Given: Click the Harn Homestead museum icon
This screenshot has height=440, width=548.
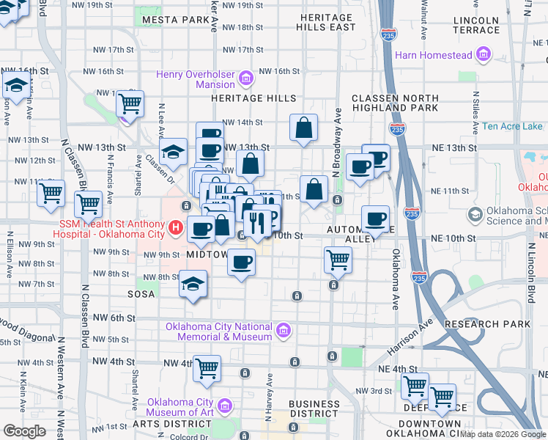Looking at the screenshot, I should pyautogui.click(x=483, y=54).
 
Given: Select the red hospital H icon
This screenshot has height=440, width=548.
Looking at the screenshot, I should pyautogui.click(x=176, y=229).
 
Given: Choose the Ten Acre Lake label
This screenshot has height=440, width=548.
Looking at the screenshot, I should pyautogui.click(x=512, y=126).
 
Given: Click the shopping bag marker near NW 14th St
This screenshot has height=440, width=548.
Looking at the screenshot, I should pyautogui.click(x=303, y=128).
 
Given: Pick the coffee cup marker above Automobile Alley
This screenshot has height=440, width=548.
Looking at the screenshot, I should pyautogui.click(x=376, y=217).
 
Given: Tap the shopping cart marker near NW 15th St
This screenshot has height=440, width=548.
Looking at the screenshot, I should pyautogui.click(x=130, y=103).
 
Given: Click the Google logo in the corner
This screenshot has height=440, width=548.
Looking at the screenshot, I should pyautogui.click(x=24, y=431).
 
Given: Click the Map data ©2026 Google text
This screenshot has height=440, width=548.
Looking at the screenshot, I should pyautogui.click(x=503, y=434).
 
